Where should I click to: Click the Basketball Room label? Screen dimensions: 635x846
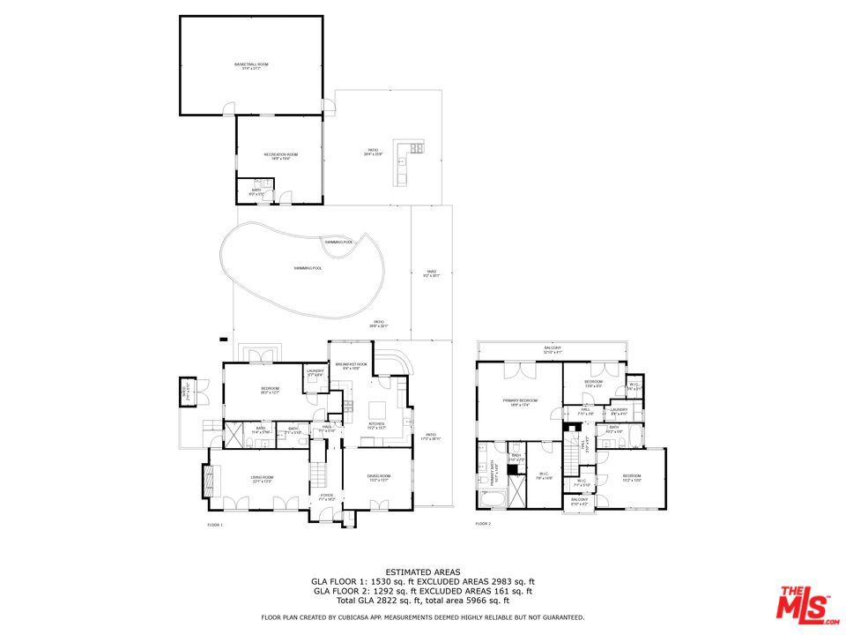251,66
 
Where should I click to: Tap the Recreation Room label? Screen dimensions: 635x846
280,156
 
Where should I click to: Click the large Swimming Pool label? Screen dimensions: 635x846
308,268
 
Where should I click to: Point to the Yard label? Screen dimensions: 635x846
431,273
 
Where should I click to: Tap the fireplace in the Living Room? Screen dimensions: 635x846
209,482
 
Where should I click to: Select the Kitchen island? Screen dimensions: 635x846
377,409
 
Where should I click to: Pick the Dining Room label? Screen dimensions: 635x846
379,478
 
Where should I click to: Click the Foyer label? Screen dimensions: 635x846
327,497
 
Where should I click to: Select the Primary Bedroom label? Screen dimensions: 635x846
520,402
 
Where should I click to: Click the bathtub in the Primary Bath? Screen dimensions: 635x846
491,500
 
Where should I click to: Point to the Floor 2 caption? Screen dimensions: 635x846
483,524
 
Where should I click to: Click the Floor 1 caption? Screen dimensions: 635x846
215,525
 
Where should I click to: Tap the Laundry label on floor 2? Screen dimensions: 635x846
618,410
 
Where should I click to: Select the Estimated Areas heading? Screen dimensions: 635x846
422,572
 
